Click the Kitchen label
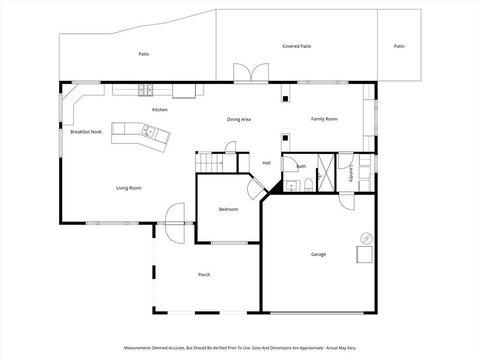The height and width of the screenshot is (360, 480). click(159, 109)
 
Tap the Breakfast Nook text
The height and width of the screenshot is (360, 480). click(85, 132)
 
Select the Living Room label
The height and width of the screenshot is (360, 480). click(127, 188)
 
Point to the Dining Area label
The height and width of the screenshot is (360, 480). click(238, 119)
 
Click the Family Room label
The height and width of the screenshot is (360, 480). click(324, 119)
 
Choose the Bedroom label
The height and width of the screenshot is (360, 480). click(228, 209)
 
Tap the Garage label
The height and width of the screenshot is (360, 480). click(318, 254)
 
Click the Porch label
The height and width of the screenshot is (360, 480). click(204, 274)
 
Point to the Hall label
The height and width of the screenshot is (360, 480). click(267, 162)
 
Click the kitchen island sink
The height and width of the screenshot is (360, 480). click(147, 131)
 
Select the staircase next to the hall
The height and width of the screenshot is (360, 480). click(208, 164)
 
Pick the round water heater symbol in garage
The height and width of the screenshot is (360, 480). click(365, 237)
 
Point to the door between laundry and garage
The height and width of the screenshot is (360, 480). click(347, 199)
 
